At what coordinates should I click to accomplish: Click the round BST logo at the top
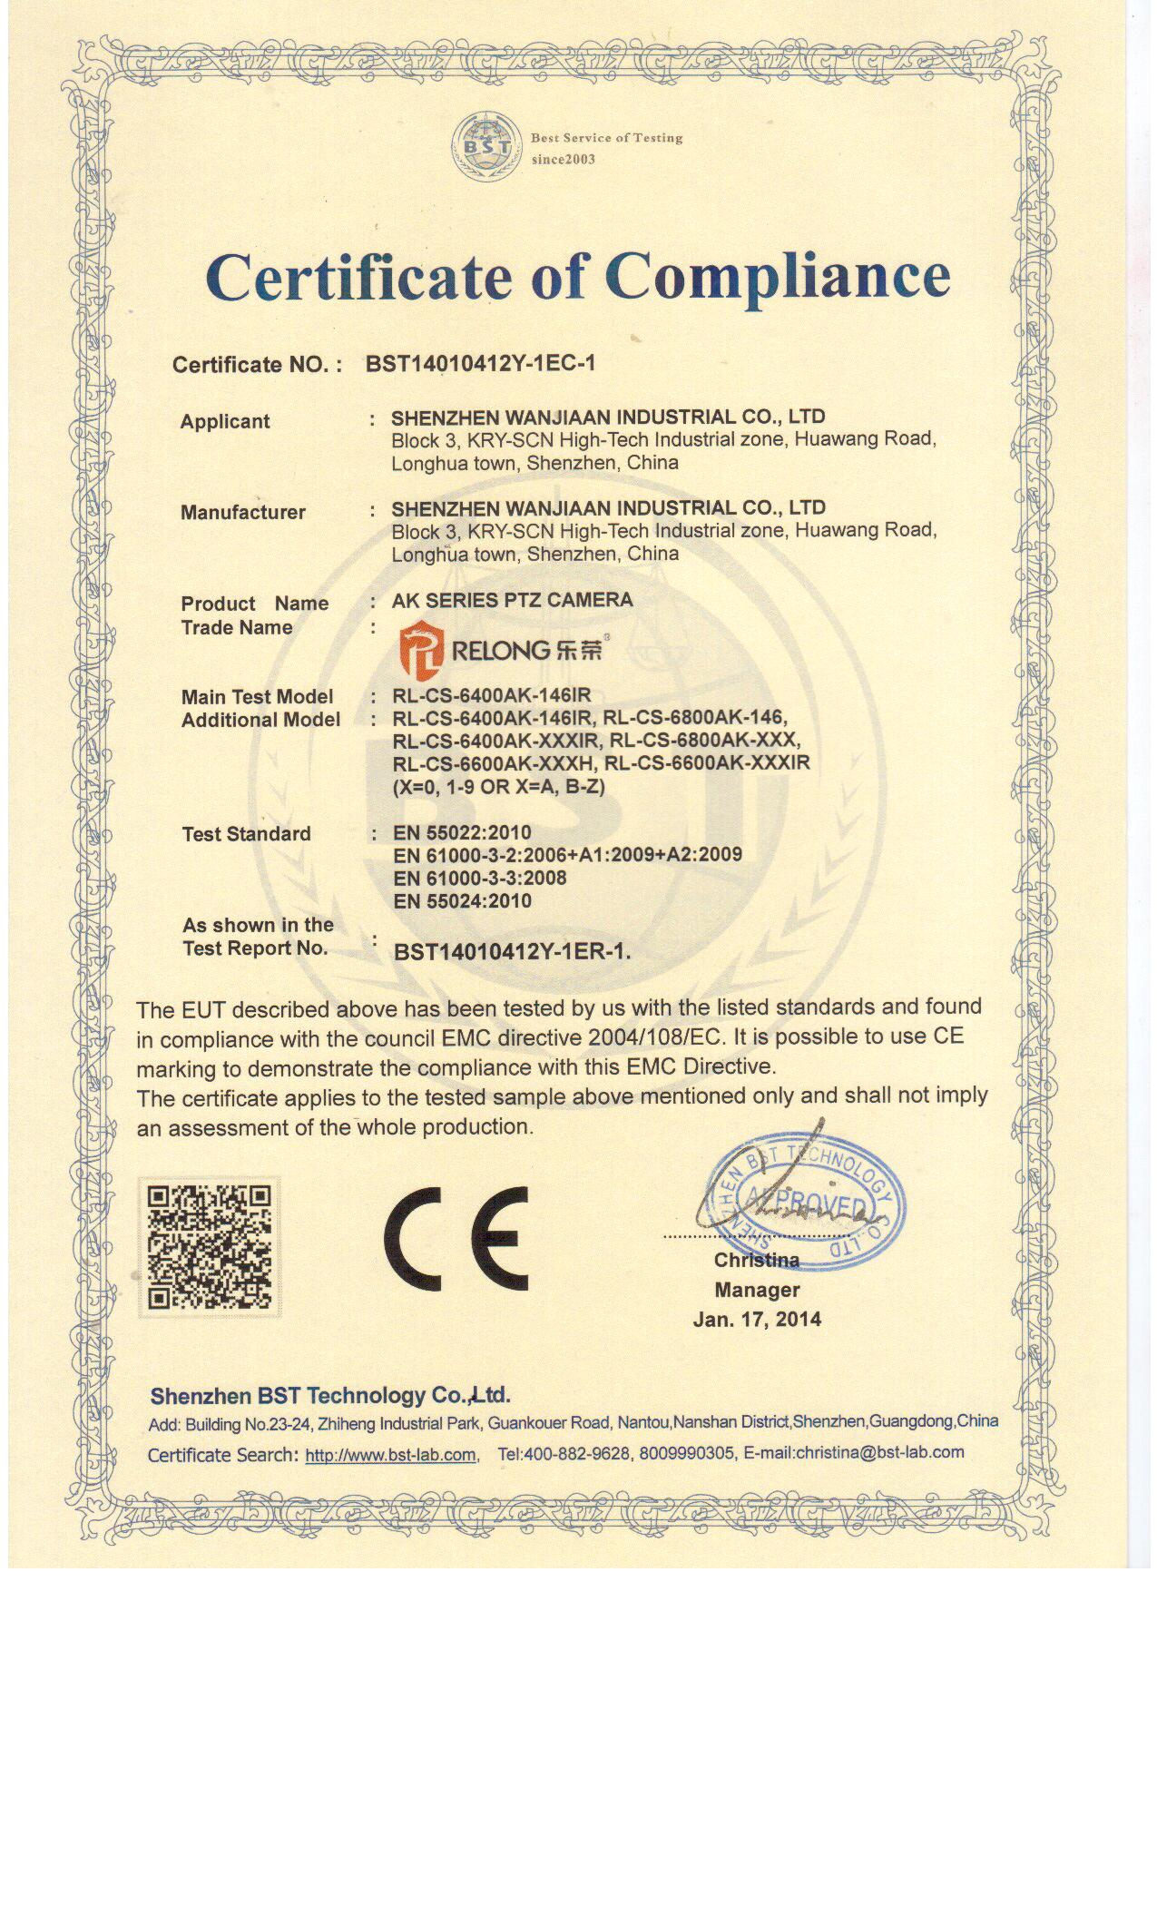487,146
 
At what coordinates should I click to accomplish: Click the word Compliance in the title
777,276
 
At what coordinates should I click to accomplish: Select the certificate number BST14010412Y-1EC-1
480,364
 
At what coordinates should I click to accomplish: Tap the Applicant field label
225,421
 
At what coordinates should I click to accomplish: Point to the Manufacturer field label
243,512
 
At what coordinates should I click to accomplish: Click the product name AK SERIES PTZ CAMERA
512,600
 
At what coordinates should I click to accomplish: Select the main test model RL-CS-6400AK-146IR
491,696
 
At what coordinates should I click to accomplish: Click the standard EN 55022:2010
462,832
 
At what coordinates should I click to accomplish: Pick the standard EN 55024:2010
462,901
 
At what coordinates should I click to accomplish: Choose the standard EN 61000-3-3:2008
480,878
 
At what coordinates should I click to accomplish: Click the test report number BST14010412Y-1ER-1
512,952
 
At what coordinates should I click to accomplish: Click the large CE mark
456,1238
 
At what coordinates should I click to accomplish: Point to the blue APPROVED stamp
802,1202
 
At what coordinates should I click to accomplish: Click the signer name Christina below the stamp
757,1260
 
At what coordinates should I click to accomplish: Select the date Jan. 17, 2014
757,1319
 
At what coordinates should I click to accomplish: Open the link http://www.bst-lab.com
390,1455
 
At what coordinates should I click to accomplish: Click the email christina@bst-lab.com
879,1452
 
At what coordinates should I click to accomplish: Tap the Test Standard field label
246,834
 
